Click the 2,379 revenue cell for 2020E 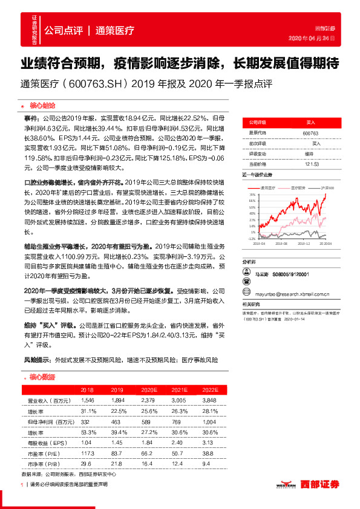(148, 400)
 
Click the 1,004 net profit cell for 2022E (210, 421)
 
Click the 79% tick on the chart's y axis (251, 194)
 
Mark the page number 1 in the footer (22, 485)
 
